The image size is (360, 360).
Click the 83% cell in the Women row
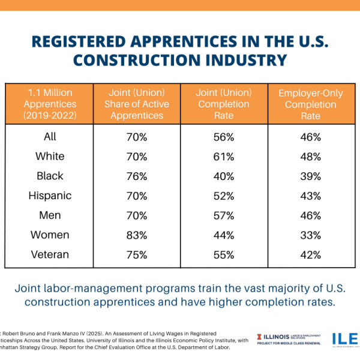[136, 235]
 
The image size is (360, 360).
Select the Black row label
[50, 176]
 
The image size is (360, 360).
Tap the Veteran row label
[50, 254]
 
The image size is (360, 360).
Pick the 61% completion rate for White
[223, 157]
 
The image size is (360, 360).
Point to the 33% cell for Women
[311, 235]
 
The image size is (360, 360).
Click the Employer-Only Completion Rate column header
[311, 104]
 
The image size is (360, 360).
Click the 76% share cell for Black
[136, 176]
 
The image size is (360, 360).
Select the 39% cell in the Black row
[311, 176]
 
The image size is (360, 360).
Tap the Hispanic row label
[50, 196]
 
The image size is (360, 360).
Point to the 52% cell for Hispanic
[223, 196]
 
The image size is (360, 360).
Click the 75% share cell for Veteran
[136, 254]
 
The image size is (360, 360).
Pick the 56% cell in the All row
[223, 137]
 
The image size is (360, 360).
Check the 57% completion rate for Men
[223, 215]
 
